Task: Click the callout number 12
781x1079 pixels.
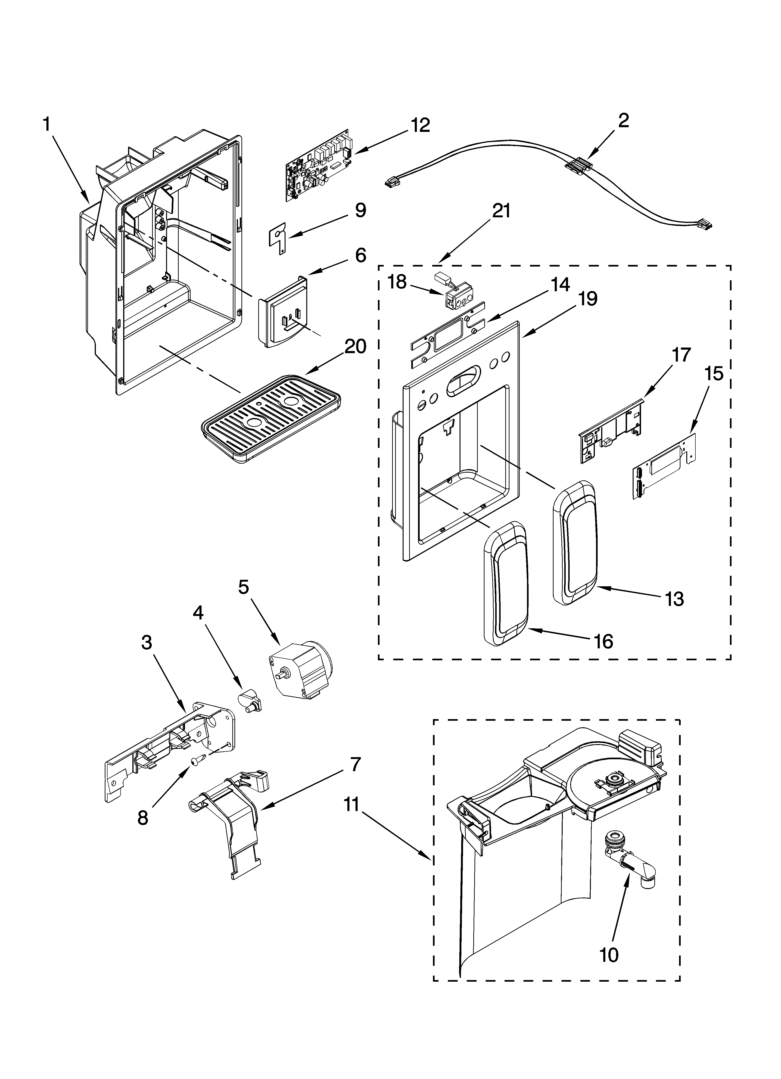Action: point(420,125)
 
